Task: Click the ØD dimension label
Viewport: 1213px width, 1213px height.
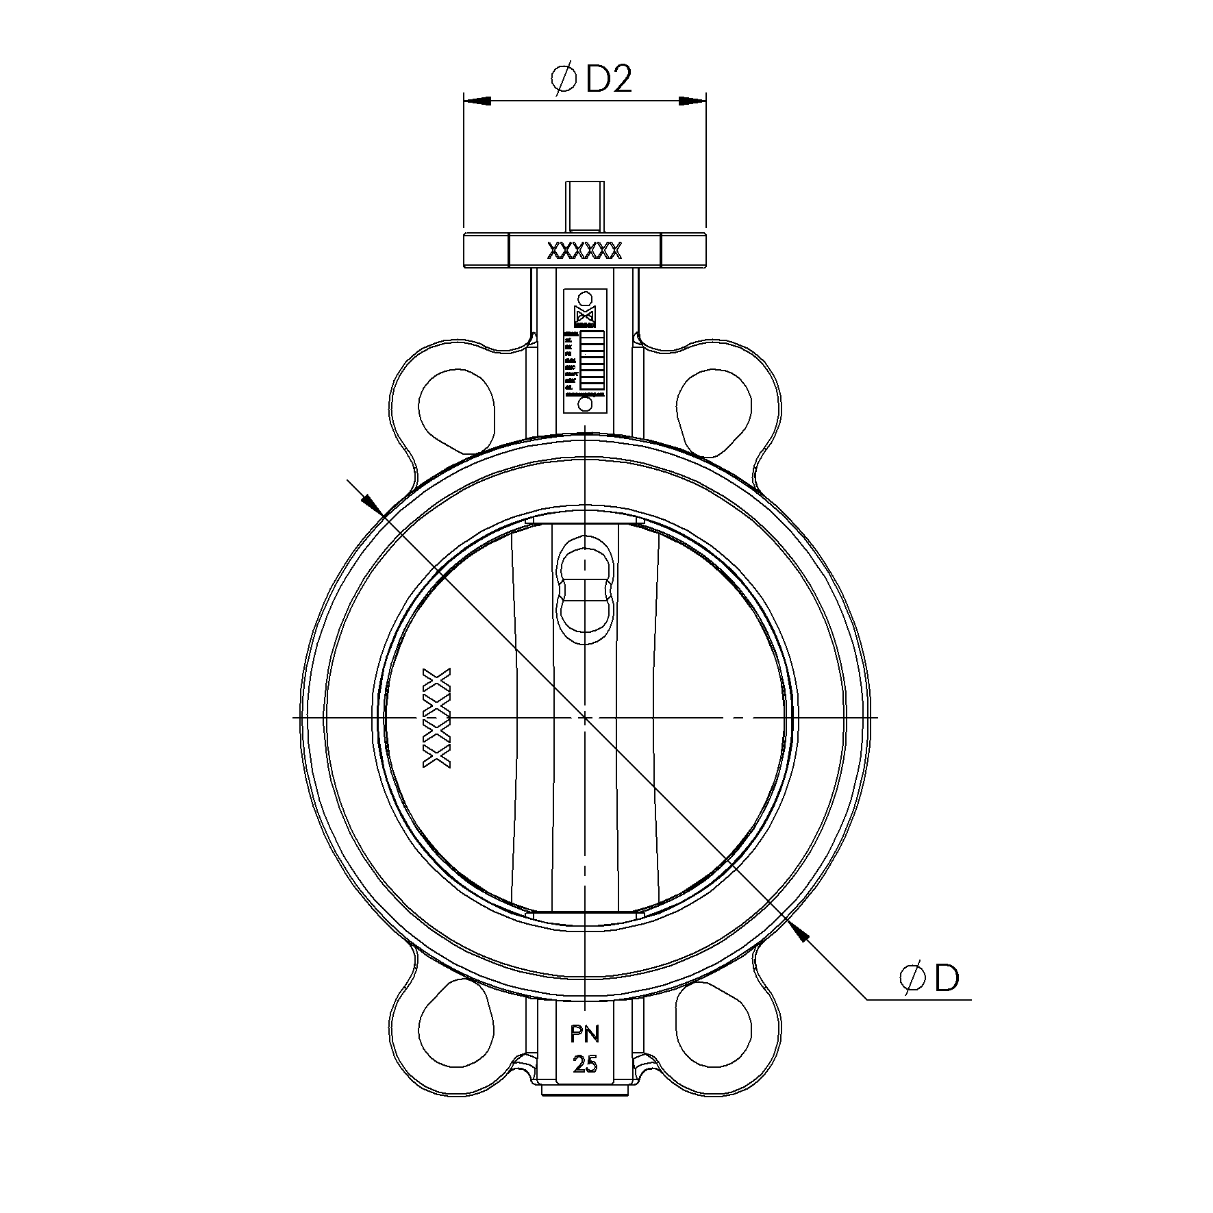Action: [x=929, y=979]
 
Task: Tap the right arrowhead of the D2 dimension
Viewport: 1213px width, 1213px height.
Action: [x=692, y=101]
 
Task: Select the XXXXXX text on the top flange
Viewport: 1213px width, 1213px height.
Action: [x=584, y=251]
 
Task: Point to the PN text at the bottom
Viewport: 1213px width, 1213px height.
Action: [x=585, y=1035]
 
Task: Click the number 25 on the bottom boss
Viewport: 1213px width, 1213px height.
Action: [x=585, y=1064]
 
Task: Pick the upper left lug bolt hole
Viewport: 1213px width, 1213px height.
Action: [x=456, y=410]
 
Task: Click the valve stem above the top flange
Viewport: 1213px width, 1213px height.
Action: [x=585, y=206]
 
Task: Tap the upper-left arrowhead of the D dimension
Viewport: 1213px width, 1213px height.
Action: [x=371, y=503]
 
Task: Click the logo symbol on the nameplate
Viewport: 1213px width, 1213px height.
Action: [x=585, y=317]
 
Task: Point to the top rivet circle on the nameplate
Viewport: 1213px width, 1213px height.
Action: [x=585, y=299]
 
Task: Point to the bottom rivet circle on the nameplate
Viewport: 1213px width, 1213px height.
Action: [x=585, y=404]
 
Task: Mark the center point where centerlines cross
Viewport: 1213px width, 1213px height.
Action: [x=585, y=717]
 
